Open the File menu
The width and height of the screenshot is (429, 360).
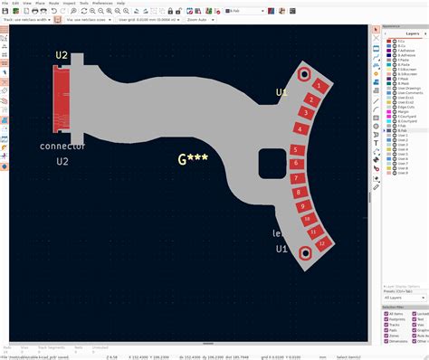coord(5,4)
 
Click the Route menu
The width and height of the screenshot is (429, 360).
coord(53,4)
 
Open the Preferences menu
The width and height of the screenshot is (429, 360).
coord(102,4)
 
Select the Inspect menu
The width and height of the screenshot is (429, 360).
coord(69,4)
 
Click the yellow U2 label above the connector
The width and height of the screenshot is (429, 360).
coord(62,55)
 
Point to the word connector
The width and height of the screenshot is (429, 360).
coord(62,146)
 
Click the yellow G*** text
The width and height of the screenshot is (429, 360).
coord(193,159)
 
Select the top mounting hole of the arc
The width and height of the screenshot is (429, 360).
coord(305,74)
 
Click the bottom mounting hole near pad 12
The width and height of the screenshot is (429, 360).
coord(306,252)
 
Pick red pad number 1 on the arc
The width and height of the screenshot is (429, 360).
coord(317,85)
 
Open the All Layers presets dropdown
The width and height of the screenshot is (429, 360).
coord(402,297)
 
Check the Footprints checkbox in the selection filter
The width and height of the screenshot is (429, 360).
coord(386,318)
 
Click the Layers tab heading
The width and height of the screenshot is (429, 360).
coord(411,33)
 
